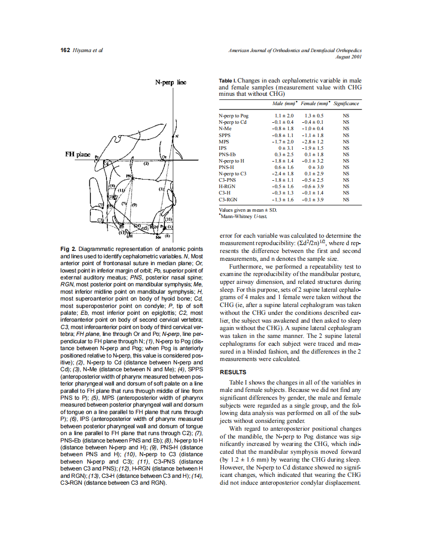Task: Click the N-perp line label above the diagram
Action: (170, 83)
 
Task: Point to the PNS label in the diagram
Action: (130, 175)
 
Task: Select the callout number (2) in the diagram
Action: (146, 164)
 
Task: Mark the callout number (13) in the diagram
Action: (116, 232)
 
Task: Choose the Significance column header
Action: (346, 104)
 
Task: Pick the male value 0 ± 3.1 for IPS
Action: (286, 147)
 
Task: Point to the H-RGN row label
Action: (227, 187)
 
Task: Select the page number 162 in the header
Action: (65, 50)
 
